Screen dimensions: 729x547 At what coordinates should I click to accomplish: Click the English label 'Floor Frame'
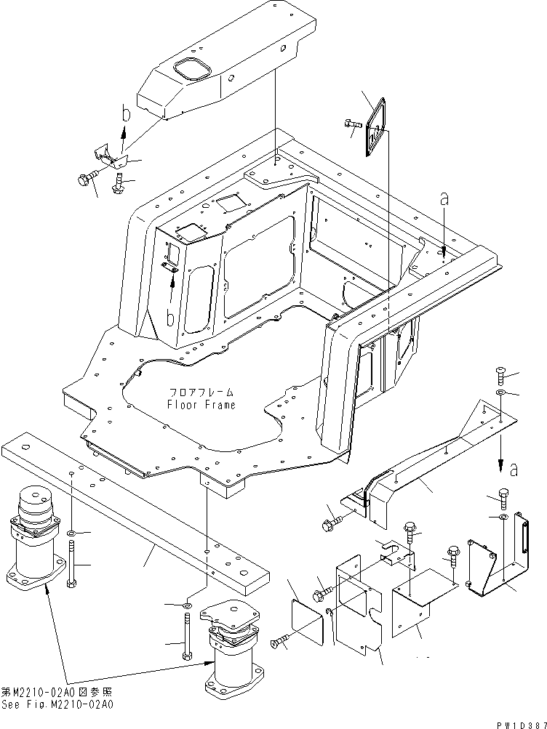pyautogui.click(x=201, y=405)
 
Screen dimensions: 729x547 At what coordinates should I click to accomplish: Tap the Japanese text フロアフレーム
pyautogui.click(x=201, y=392)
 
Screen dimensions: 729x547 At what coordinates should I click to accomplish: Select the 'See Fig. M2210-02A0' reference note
pyautogui.click(x=57, y=704)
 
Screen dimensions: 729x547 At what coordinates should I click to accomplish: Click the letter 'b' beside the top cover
pyautogui.click(x=124, y=114)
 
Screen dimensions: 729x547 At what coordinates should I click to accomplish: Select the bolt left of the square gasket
pyautogui.click(x=351, y=124)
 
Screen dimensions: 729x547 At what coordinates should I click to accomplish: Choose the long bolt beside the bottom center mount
pyautogui.click(x=188, y=637)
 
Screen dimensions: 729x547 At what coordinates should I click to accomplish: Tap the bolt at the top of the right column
pyautogui.click(x=502, y=376)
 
